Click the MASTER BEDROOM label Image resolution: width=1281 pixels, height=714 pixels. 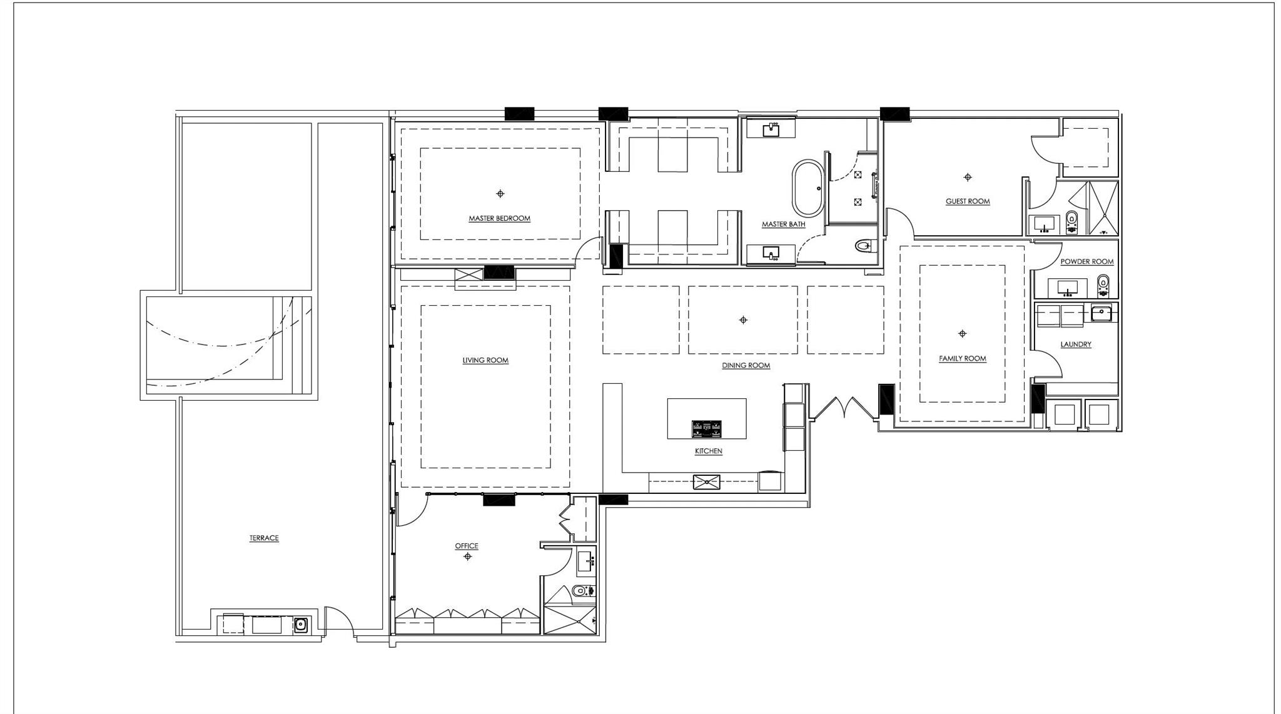pyautogui.click(x=499, y=218)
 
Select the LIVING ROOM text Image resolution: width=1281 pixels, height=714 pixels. pyautogui.click(x=485, y=360)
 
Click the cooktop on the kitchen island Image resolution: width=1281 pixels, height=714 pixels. pyautogui.click(x=706, y=428)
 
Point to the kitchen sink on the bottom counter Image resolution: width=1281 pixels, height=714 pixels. pyautogui.click(x=706, y=482)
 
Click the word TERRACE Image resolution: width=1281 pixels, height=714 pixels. pyautogui.click(x=264, y=538)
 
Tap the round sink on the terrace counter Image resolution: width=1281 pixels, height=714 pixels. pyautogui.click(x=301, y=624)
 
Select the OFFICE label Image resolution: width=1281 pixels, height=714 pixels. pyautogui.click(x=467, y=546)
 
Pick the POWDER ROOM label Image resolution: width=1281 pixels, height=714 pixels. pyautogui.click(x=1086, y=261)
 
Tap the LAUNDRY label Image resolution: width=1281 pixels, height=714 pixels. pyautogui.click(x=1075, y=344)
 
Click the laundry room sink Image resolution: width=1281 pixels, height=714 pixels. pyautogui.click(x=1100, y=313)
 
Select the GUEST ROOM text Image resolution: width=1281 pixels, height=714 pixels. pyautogui.click(x=967, y=201)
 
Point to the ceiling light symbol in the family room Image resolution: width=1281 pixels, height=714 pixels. pyautogui.click(x=962, y=334)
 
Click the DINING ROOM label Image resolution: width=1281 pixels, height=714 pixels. pyautogui.click(x=746, y=365)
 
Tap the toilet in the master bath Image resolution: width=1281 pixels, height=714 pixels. pyautogui.click(x=864, y=246)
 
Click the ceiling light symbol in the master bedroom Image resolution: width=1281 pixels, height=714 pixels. pyautogui.click(x=500, y=194)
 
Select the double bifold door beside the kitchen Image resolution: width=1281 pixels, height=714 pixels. pyautogui.click(x=844, y=408)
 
